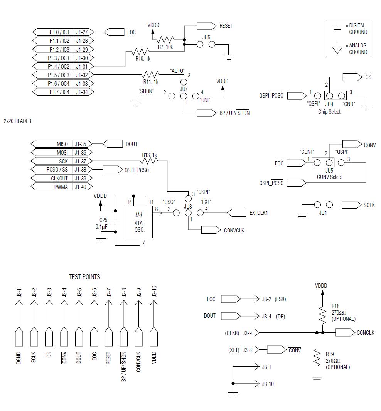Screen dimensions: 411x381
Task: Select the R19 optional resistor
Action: coord(317,357)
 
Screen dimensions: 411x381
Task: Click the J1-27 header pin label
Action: coord(82,32)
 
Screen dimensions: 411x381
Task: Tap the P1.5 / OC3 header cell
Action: coord(59,75)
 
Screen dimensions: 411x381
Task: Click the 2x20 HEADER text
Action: coord(17,121)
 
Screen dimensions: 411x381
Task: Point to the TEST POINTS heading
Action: coord(84,277)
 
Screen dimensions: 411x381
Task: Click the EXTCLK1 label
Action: coord(258,213)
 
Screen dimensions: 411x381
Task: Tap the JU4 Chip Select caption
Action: coord(329,112)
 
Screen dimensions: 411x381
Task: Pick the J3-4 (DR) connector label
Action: coord(273,317)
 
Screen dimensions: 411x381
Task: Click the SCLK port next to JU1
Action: coord(369,205)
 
